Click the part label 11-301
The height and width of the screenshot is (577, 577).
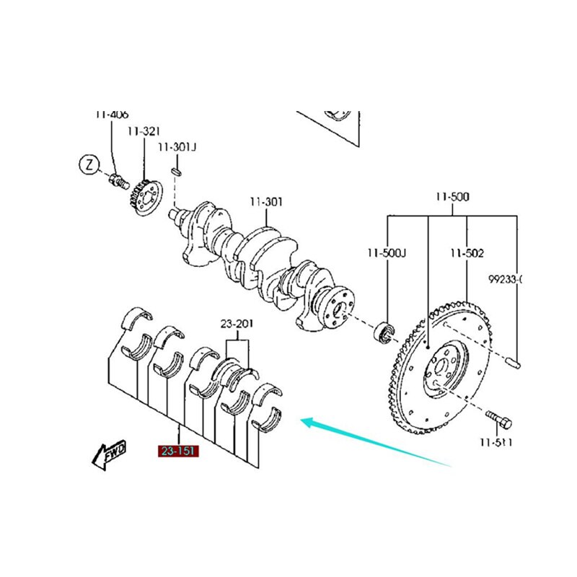coord(266,202)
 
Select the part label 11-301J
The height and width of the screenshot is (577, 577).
coord(177,147)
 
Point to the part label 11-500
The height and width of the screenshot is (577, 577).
coord(452,195)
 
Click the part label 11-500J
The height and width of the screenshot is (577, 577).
coord(387,253)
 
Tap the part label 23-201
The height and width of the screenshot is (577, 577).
coord(237,324)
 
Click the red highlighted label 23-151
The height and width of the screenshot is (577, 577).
coord(177,452)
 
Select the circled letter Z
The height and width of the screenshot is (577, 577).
coord(88,165)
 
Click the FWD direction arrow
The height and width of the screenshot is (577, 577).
coord(109,454)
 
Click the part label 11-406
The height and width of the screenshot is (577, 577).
coord(112,114)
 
